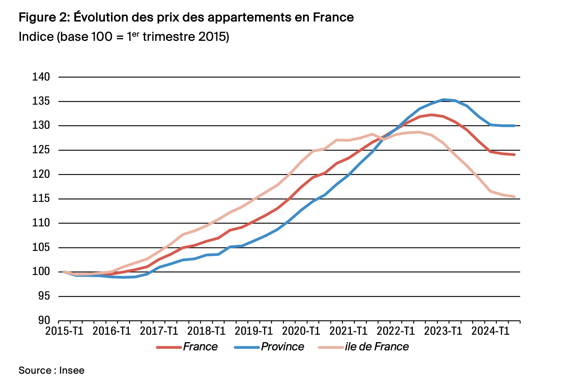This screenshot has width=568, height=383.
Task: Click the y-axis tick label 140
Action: [x=41, y=77]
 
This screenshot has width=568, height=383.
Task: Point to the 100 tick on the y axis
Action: [x=41, y=272]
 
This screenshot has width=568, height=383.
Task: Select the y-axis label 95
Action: [x=43, y=296]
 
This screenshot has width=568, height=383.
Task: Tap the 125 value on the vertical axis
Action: [x=41, y=150]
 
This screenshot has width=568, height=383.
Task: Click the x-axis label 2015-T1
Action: [x=64, y=331]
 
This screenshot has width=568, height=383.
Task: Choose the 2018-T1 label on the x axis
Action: [x=206, y=331]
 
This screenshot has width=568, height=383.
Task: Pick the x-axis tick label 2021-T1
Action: [x=348, y=331]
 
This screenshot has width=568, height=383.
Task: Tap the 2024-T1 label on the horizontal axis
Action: [x=490, y=331]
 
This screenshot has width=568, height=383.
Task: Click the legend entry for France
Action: [x=200, y=347]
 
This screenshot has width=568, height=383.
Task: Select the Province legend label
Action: [x=282, y=347]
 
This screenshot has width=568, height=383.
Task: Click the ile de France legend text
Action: [x=376, y=347]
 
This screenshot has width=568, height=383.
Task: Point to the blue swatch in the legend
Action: [x=247, y=347]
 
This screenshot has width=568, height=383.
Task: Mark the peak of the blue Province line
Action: [x=443, y=99]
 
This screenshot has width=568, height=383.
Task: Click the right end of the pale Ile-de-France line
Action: [x=515, y=197]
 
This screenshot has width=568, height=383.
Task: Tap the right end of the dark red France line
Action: [x=515, y=155]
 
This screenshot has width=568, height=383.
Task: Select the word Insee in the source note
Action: [x=72, y=370]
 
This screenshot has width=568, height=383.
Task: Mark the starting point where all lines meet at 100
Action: [x=64, y=272]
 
